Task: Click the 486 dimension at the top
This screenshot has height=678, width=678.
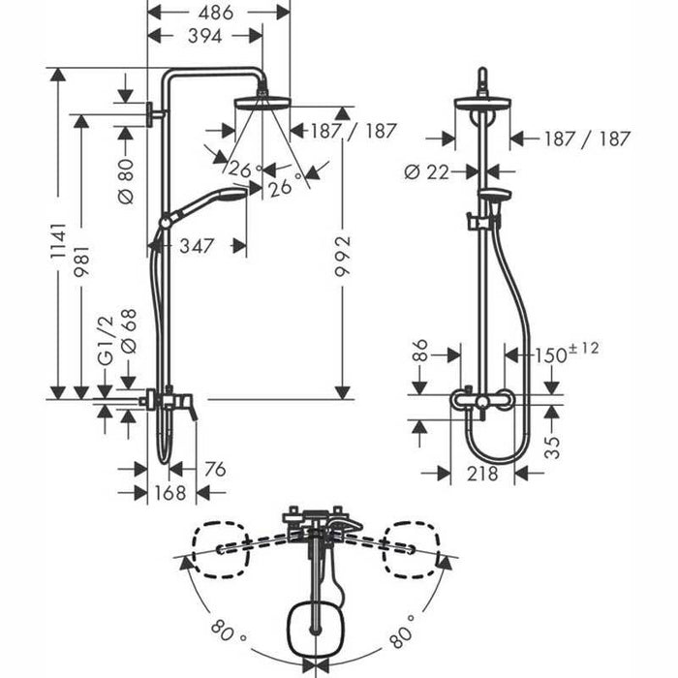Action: [x=216, y=13]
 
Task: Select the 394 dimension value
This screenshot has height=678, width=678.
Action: [x=205, y=36]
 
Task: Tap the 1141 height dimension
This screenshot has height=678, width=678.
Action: [x=58, y=240]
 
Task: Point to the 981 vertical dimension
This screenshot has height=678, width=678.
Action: [x=81, y=262]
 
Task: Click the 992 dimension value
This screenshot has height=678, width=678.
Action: [x=343, y=256]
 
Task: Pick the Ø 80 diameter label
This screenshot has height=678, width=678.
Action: [x=126, y=181]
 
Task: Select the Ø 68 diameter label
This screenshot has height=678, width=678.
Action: [x=129, y=331]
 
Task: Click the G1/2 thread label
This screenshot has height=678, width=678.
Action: [x=106, y=340]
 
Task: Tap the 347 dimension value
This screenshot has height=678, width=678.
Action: [x=197, y=246]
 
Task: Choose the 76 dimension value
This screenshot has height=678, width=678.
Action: [x=215, y=469]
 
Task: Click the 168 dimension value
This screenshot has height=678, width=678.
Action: [x=170, y=492]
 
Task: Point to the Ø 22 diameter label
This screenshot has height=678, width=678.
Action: [x=427, y=172]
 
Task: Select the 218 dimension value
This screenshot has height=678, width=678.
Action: [x=482, y=474]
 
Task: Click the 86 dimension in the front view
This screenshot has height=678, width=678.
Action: [x=419, y=350]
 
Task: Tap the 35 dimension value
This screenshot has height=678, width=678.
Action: [x=552, y=447]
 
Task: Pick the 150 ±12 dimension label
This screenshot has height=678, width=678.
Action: [x=567, y=353]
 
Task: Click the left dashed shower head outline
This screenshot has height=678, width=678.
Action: [x=221, y=549]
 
